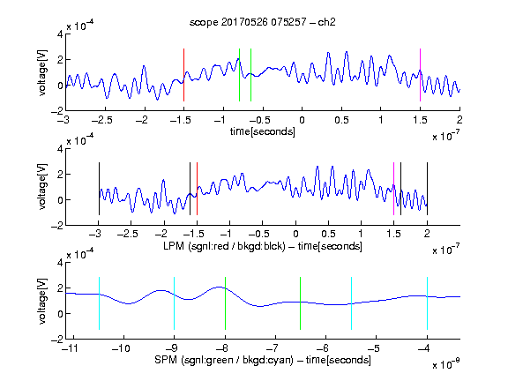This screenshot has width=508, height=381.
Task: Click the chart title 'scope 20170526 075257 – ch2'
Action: pyautogui.click(x=263, y=22)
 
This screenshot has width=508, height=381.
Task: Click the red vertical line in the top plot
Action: pyautogui.click(x=183, y=75)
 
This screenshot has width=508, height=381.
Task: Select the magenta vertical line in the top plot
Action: pyautogui.click(x=420, y=75)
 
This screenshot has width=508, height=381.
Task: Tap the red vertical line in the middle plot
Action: pyautogui.click(x=197, y=189)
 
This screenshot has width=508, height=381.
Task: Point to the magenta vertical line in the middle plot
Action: pyautogui.click(x=393, y=189)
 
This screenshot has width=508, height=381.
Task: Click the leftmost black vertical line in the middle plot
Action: pyautogui.click(x=99, y=189)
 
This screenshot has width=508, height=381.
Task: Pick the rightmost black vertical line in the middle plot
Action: pyautogui.click(x=427, y=189)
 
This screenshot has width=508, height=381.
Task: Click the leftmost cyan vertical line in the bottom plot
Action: pyautogui.click(x=99, y=303)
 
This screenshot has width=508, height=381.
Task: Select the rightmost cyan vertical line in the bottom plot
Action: pyautogui.click(x=427, y=303)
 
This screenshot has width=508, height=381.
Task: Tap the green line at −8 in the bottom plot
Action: pyautogui.click(x=225, y=303)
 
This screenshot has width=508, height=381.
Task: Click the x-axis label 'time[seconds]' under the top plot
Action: pyautogui.click(x=263, y=131)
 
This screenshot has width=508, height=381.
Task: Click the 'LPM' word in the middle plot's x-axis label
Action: pyautogui.click(x=174, y=246)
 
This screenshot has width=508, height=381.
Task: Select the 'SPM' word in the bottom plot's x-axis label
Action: pyautogui.click(x=166, y=360)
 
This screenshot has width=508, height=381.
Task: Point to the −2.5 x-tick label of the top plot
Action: pyautogui.click(x=102, y=120)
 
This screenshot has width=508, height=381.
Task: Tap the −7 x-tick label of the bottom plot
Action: pyautogui.click(x=273, y=348)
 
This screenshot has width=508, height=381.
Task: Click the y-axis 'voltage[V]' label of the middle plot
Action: pyautogui.click(x=42, y=187)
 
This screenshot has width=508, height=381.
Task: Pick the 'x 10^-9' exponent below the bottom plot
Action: pyautogui.click(x=446, y=364)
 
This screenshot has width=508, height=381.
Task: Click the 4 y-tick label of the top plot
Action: pyautogui.click(x=60, y=34)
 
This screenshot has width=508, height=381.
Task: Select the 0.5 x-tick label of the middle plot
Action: pyautogui.click(x=328, y=234)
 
